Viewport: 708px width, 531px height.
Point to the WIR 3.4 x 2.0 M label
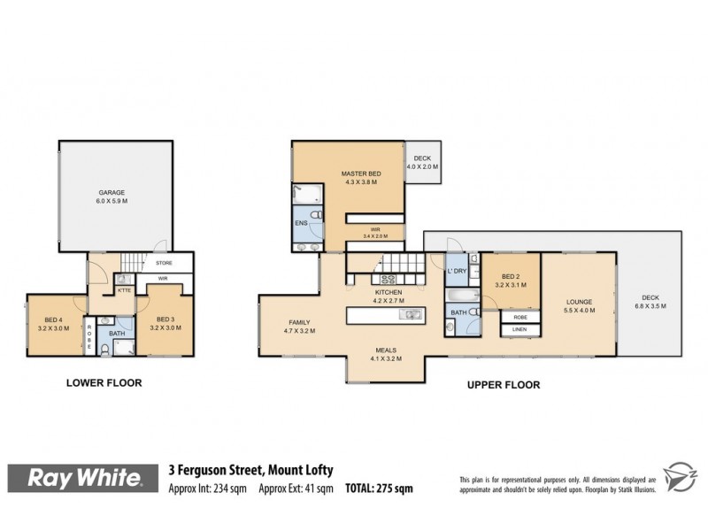376,234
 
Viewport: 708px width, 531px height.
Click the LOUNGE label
578,306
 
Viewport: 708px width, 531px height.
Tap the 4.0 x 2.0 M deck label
421,162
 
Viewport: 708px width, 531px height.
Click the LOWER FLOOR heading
104,383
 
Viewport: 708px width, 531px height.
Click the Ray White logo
84,479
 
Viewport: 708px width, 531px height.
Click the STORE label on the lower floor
164,263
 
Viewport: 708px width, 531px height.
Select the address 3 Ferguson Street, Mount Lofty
250,471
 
